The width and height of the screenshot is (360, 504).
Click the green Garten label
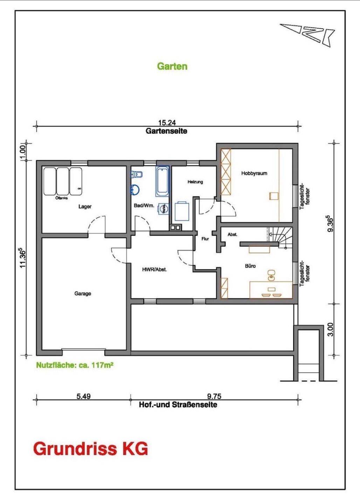[x=172, y=66]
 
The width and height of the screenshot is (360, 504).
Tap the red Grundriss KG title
[x=90, y=449]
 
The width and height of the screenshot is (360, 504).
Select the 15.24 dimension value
[x=167, y=122]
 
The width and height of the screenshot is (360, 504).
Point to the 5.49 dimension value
[x=84, y=396]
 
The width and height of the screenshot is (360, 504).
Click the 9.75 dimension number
[x=214, y=396]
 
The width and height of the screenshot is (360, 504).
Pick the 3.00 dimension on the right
[x=330, y=329]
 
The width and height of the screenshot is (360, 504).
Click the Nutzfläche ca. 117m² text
[x=75, y=365]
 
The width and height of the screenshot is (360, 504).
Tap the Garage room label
[x=83, y=294]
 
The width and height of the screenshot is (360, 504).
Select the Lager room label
[x=85, y=206]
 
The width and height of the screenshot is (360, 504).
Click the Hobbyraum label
[x=254, y=173]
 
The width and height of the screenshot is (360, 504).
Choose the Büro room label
[x=250, y=266]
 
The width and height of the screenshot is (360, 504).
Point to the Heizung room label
[x=195, y=182]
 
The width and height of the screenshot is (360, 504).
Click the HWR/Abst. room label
[x=154, y=269]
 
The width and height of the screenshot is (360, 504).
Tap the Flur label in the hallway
[x=205, y=239]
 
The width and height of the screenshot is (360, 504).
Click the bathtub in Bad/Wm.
[x=162, y=181]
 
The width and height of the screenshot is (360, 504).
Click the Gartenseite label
[x=166, y=131]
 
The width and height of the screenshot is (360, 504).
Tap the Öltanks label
[x=61, y=198]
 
